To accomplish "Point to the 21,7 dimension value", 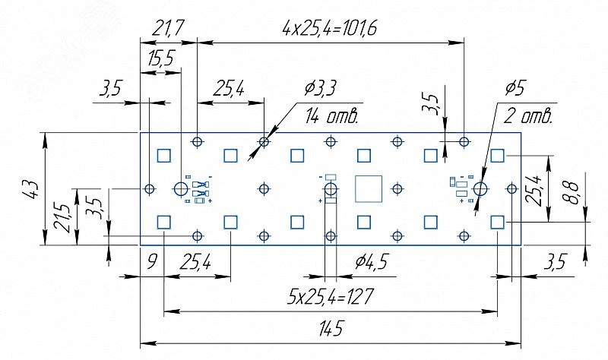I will (x=167, y=30).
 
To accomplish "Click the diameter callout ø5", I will (x=515, y=89).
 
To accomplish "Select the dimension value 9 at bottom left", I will (x=151, y=264).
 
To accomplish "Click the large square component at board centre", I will (x=369, y=189).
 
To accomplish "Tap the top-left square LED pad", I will (x=163, y=156).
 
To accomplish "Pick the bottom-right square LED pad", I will (x=497, y=222).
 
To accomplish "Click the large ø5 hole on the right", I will (x=480, y=188).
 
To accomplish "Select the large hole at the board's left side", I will (x=181, y=188).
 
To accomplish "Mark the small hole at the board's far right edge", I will (x=511, y=188).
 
